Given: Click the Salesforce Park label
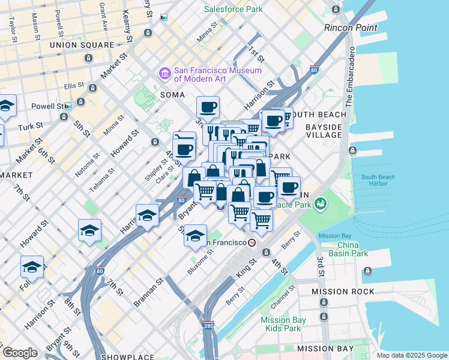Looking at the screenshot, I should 233,9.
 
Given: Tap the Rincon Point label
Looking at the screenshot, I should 351,28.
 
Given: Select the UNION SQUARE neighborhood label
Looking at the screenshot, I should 82,45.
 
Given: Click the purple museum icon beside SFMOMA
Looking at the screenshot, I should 164,74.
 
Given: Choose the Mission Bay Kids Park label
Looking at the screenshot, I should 283,324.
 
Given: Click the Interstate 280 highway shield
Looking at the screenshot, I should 208,324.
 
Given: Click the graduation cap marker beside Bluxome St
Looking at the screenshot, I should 195,236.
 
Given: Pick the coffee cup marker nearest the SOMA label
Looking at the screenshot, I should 208,107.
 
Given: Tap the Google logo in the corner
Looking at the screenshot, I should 19,353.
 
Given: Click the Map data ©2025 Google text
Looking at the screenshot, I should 412,355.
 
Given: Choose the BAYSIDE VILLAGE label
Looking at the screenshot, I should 324,132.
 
